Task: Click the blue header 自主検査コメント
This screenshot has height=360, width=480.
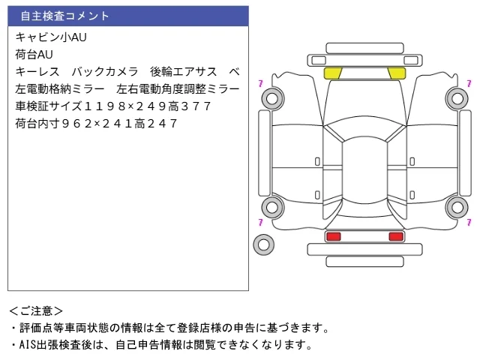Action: tap(64, 16)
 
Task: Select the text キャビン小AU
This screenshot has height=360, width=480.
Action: tap(51, 37)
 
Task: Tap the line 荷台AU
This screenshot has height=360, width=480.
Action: tap(34, 55)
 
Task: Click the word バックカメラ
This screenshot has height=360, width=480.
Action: tap(105, 72)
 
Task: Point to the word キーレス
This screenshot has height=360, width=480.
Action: tap(37, 72)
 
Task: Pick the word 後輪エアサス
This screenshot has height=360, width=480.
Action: tap(183, 72)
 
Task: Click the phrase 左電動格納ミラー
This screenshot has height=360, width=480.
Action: tap(60, 89)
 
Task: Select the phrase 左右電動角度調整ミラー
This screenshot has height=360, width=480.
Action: tap(178, 89)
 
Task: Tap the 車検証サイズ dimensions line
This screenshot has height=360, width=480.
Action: tap(113, 106)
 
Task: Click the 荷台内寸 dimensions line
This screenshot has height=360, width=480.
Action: tap(96, 124)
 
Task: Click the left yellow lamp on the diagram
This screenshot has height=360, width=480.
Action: tap(333, 73)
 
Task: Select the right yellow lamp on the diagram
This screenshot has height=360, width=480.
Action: tap(397, 73)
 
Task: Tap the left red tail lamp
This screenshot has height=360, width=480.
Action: tap(334, 236)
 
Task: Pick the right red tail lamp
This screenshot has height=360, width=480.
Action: tap(396, 236)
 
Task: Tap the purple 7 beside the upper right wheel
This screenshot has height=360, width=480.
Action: tap(469, 83)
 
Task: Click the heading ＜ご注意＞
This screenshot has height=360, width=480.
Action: tap(36, 311)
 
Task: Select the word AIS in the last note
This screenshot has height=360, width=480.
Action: tap(28, 345)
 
